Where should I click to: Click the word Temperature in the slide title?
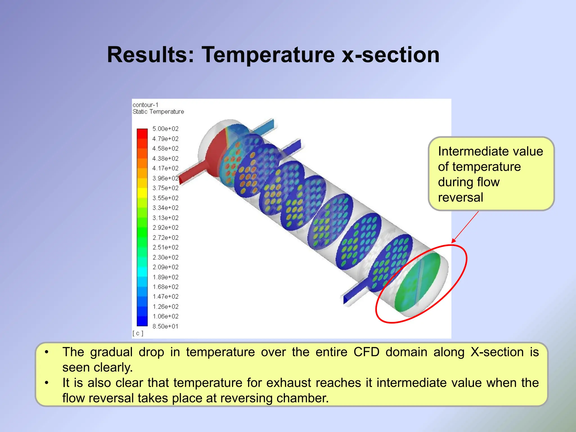pyautogui.click(x=268, y=55)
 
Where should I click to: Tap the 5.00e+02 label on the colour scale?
pyautogui.click(x=165, y=129)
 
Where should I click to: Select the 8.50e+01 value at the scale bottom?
pyautogui.click(x=165, y=326)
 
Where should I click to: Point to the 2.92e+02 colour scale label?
pyautogui.click(x=165, y=228)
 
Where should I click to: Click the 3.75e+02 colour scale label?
pyautogui.click(x=165, y=188)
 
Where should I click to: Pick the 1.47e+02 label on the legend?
pyautogui.click(x=165, y=296)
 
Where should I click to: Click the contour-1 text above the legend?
pyautogui.click(x=145, y=105)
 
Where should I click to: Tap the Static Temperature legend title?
pyautogui.click(x=158, y=112)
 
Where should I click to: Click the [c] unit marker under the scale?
pyautogui.click(x=138, y=333)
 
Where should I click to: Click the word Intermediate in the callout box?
pyautogui.click(x=464, y=152)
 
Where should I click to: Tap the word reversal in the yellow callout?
pyautogui.click(x=460, y=197)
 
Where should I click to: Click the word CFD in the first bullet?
pyautogui.click(x=366, y=352)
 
